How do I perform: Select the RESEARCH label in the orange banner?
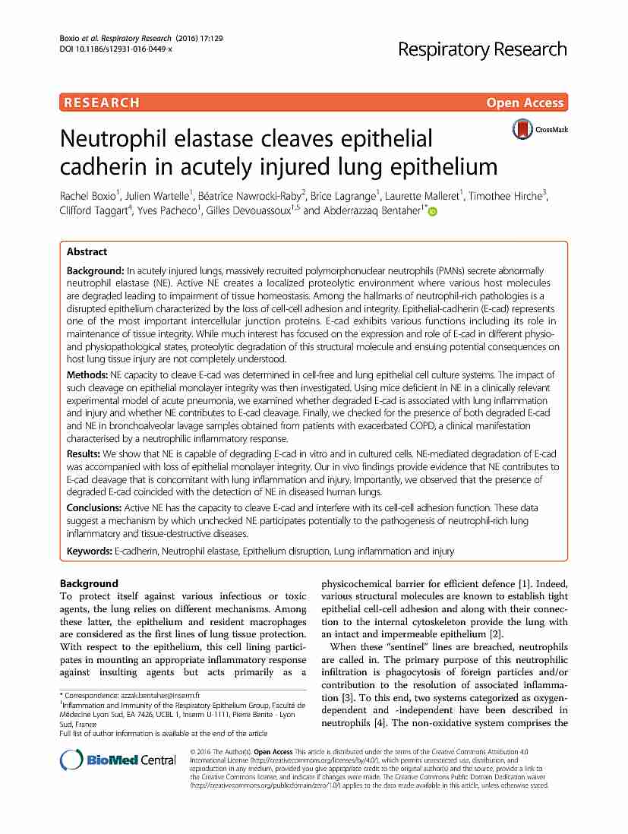click(103, 103)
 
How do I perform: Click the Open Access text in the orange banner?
click(525, 103)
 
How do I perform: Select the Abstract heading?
click(87, 252)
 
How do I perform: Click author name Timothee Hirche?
click(513, 195)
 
